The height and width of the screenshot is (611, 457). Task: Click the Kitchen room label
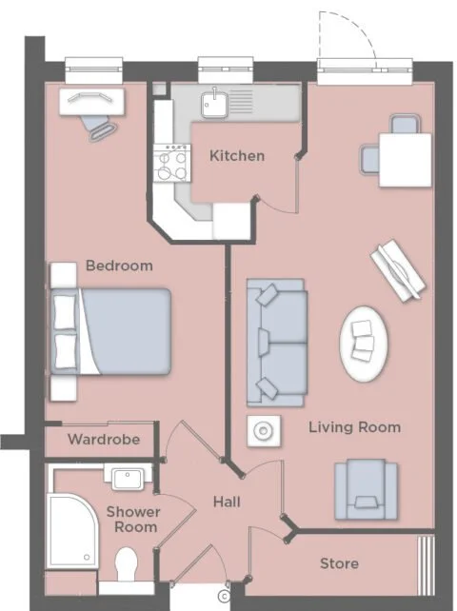[x=237, y=156]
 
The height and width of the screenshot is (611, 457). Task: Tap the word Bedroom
[x=119, y=266]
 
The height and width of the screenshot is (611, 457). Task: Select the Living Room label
[x=355, y=427]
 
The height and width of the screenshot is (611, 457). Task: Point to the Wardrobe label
[x=104, y=440]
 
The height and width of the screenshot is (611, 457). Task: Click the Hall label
[x=227, y=502]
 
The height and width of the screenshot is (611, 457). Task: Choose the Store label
[x=339, y=563]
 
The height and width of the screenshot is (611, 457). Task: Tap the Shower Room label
[x=133, y=520]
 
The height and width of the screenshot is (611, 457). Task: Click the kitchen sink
[x=214, y=104]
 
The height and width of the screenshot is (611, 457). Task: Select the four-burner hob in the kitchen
[x=171, y=163]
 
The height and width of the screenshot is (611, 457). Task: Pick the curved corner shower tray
[x=73, y=530]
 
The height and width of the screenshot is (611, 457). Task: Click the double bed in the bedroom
[x=111, y=331]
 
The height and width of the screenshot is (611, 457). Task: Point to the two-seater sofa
[x=276, y=343]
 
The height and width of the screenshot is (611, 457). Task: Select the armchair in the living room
[x=366, y=489]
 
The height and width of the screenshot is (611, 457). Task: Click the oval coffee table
[x=365, y=345]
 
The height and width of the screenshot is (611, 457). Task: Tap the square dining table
[x=406, y=160]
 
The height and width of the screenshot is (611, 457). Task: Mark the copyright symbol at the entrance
[x=224, y=596]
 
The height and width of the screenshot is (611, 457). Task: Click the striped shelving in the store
[x=426, y=565]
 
